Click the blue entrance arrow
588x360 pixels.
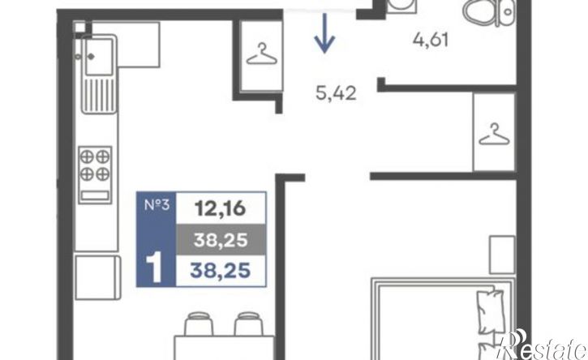tap(324, 32)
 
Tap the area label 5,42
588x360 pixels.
tap(336, 92)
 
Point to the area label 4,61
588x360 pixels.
tap(431, 39)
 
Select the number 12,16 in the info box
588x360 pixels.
tap(221, 208)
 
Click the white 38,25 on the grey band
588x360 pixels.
tap(221, 240)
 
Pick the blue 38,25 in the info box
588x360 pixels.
tap(220, 270)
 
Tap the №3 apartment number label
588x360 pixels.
tap(157, 205)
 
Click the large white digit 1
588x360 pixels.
tap(154, 268)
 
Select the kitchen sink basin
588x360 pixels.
tap(98, 56)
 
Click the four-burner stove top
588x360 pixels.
tap(95, 175)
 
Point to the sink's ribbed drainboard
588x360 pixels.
tap(98, 95)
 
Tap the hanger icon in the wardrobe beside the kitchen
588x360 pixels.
tap(262, 55)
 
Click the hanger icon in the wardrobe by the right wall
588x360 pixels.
tap(494, 135)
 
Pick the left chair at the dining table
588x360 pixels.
tap(199, 324)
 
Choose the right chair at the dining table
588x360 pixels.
tap(249, 324)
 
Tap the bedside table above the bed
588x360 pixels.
tap(502, 255)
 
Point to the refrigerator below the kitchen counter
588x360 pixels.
tap(97, 277)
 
